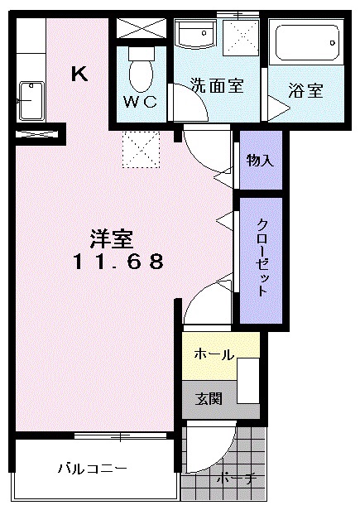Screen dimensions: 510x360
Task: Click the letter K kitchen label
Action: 79,74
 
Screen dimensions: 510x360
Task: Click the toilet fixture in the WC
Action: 142,69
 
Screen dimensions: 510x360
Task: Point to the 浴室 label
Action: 306,90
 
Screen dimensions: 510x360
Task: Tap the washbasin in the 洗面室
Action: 196,34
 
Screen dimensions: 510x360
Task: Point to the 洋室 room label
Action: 111,238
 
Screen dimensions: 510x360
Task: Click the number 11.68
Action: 118,262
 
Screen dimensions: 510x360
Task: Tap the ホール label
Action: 214,354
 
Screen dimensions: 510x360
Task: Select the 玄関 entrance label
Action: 209,398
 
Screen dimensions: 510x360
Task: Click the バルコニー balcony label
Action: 92,469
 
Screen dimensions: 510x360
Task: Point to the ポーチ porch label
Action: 237,479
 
